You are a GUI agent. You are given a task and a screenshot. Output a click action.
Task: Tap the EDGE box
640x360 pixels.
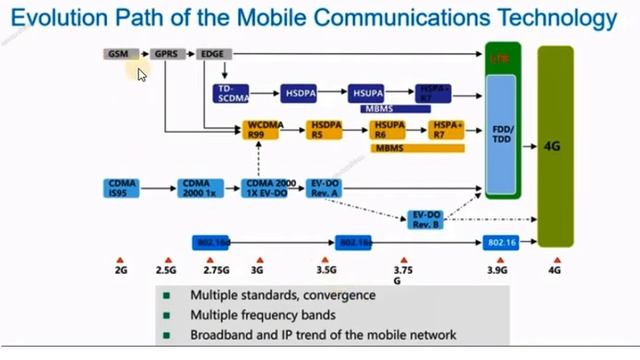pos(211,53)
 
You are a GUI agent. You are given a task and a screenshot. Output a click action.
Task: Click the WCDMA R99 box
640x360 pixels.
pos(260,130)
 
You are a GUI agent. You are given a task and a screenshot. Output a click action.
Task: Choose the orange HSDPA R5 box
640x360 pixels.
pos(326,130)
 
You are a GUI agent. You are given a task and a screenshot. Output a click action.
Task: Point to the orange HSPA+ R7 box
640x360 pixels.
pos(446,130)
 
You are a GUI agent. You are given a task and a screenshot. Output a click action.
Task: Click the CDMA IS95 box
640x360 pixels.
pos(124,187)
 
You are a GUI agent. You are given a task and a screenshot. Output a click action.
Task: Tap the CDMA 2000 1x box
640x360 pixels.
pos(191,187)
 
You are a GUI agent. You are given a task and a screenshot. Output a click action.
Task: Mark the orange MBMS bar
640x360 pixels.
pos(418,148)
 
